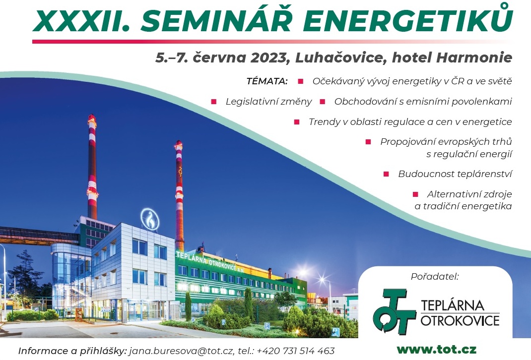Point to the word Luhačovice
(x=341, y=58)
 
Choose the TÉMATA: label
(x=267, y=81)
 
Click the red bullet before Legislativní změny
(x=214, y=102)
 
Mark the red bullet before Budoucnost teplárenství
(x=386, y=174)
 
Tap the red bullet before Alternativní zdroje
(x=415, y=194)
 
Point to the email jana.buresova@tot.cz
(x=182, y=351)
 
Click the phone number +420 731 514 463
(x=296, y=351)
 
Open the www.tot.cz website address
(x=437, y=349)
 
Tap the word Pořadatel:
(x=435, y=276)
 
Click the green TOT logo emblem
(x=394, y=311)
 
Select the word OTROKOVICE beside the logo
(x=460, y=320)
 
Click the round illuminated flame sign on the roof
(x=150, y=219)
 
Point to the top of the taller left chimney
(x=92, y=116)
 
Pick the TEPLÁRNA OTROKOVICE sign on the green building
(x=210, y=262)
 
